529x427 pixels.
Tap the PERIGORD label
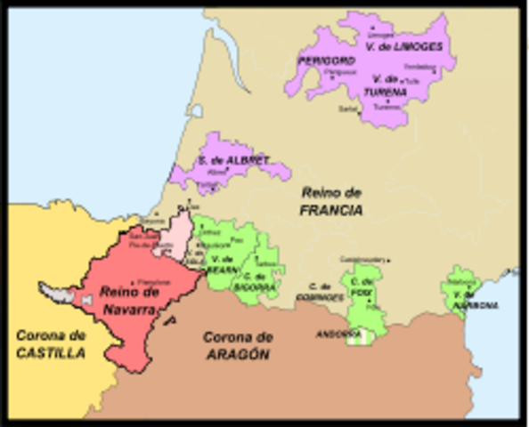pos(326,61)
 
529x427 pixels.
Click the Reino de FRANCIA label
pos(331,201)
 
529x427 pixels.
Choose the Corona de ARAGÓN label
pos(237,345)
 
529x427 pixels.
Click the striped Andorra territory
pos(355,334)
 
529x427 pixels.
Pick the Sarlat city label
pos(346,109)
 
